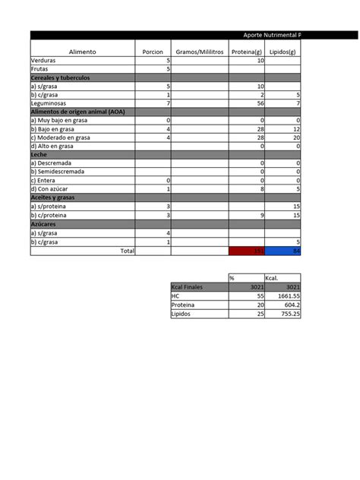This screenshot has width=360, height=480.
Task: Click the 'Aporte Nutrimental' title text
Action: coord(270,35)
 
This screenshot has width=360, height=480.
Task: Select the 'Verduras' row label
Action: coord(43,60)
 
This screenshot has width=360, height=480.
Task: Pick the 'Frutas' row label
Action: coord(39,68)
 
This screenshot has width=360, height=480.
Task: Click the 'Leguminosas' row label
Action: coord(49,103)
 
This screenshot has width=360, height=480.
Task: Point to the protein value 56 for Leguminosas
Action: coord(259,103)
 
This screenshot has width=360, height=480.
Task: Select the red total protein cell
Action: coord(247,251)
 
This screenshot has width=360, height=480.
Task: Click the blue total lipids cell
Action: coord(283,251)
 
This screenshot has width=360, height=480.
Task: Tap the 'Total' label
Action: coord(128,251)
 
